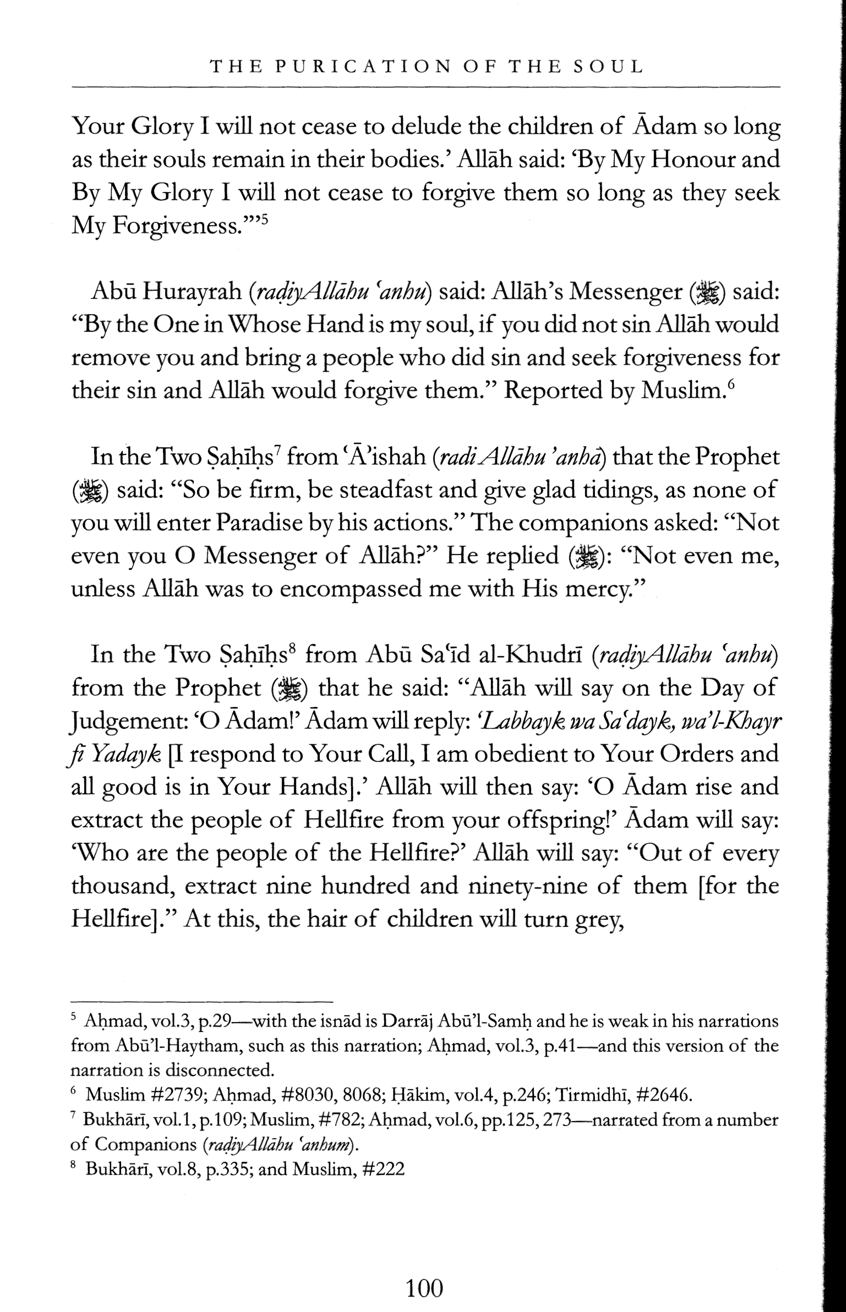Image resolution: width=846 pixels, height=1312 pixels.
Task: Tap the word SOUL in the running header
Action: click(x=608, y=67)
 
